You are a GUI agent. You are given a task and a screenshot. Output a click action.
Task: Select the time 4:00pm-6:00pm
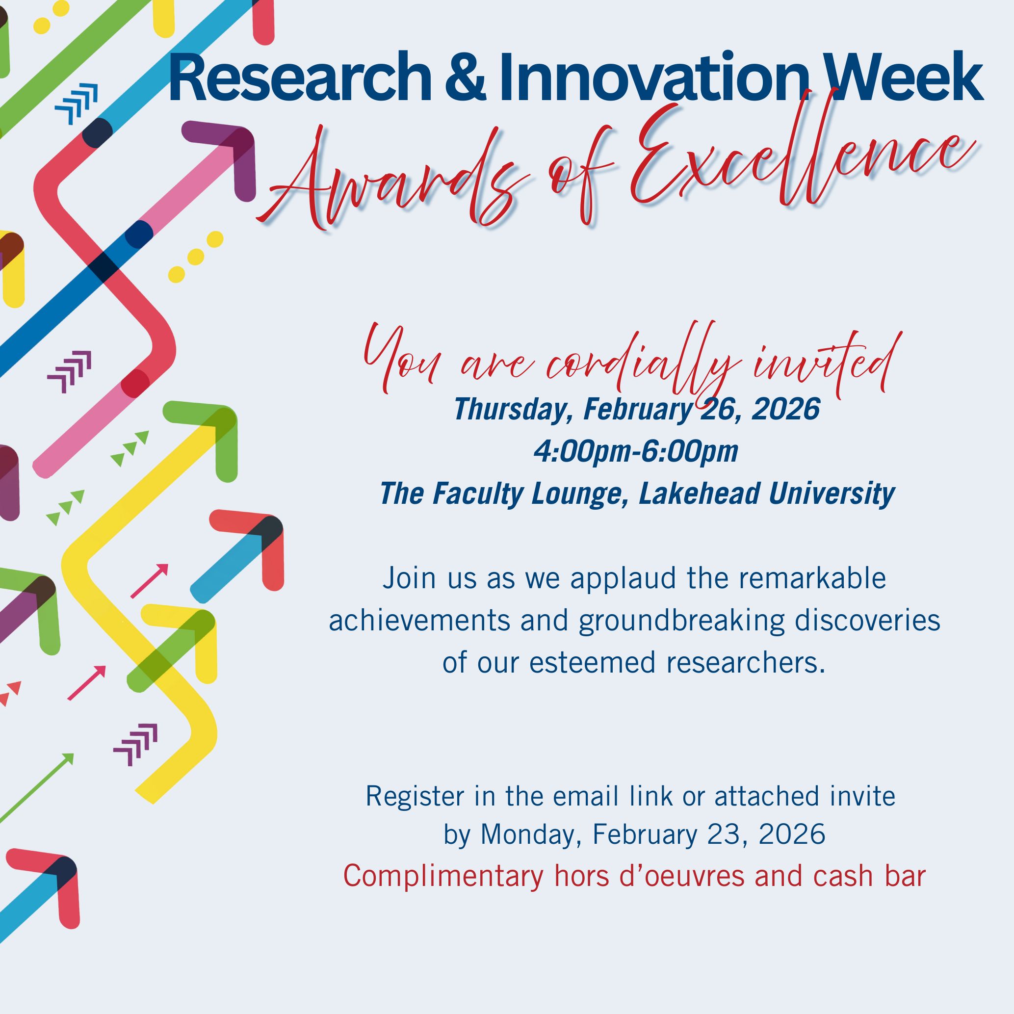636,451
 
